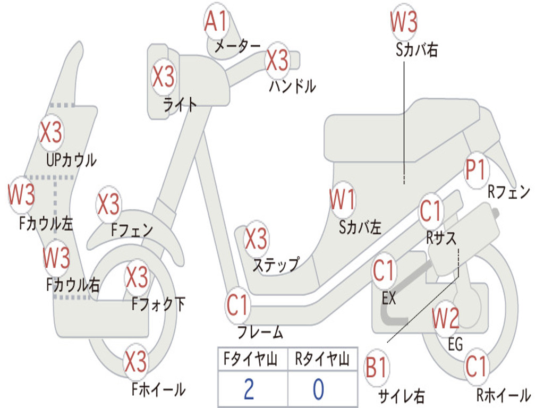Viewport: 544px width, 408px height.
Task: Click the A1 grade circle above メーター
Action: coord(216,21)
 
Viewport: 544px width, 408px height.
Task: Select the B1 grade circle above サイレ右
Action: coord(377,367)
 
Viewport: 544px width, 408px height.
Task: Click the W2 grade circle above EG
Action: coord(446,318)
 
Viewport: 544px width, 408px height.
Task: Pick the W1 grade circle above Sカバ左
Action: coord(343,200)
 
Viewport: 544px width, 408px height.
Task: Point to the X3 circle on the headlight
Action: coord(164,76)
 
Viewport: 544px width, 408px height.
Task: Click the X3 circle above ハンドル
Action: coord(277,61)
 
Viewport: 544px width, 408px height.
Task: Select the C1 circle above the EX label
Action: coord(384,270)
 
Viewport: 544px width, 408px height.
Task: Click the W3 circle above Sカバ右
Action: coord(404,21)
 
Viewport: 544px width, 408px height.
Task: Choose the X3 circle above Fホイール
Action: coord(135,361)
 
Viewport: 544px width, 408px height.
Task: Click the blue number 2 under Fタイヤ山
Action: coord(249,389)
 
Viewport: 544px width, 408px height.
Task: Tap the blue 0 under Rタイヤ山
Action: coord(319,389)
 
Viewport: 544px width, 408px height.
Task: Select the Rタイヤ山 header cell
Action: coord(322,359)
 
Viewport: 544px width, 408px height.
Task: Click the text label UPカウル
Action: coord(72,160)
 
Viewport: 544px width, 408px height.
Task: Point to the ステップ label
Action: coord(276,265)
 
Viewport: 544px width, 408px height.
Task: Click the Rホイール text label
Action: coord(504,395)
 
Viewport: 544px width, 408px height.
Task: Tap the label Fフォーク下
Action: coord(158,304)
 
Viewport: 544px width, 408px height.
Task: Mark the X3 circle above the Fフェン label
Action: coord(108,204)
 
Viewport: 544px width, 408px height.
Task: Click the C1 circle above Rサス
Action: coord(430,210)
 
